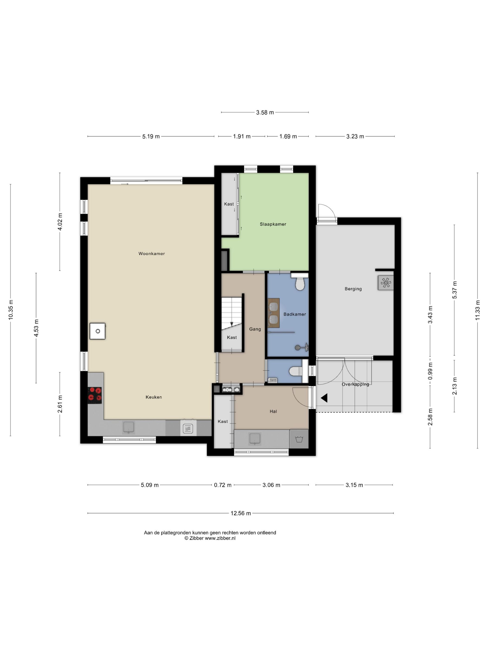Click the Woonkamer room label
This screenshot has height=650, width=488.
coord(152,253)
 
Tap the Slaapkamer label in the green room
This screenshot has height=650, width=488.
coord(273,224)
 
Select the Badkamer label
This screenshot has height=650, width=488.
coord(294,314)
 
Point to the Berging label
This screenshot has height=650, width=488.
coord(353,289)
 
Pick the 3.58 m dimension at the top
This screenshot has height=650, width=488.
coord(265,112)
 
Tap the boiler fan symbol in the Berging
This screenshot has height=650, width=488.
coord(385,283)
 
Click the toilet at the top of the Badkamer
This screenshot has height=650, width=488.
coord(300,282)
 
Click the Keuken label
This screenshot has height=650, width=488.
coord(154,397)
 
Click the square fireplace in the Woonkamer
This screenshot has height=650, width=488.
coord(97,331)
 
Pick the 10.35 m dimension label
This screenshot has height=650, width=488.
coord(11,310)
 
